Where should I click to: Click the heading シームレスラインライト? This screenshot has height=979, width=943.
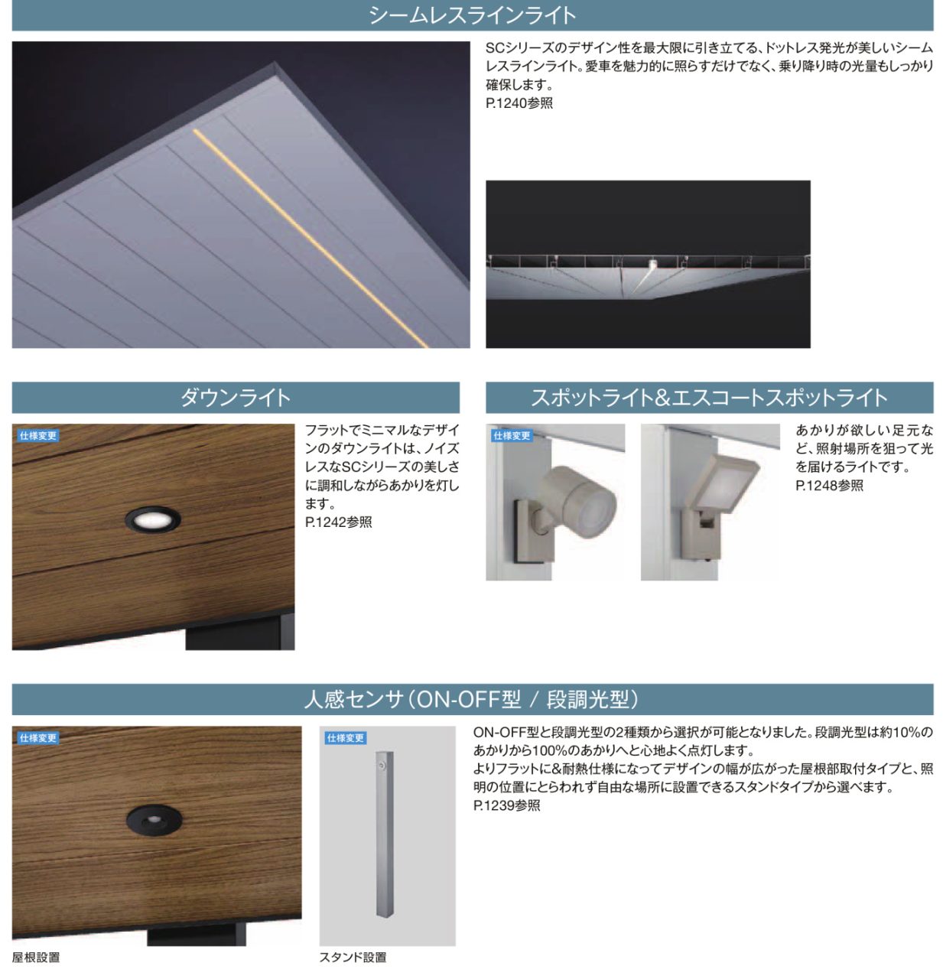(x=472, y=15)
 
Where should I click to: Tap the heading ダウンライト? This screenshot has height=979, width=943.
(x=236, y=398)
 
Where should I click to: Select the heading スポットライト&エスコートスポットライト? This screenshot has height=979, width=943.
(x=709, y=398)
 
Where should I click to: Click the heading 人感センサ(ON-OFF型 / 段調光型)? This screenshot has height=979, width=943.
(x=471, y=699)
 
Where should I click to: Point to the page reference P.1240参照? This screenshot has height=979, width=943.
(x=519, y=103)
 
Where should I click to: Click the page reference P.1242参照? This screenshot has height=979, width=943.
(x=339, y=522)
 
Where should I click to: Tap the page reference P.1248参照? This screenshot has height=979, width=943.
(x=829, y=486)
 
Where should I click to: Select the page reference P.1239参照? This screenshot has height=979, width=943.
(x=507, y=805)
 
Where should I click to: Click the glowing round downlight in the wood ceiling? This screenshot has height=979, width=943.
(x=153, y=519)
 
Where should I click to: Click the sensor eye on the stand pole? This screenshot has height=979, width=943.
(x=382, y=766)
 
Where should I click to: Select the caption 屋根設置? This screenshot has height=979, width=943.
(x=36, y=957)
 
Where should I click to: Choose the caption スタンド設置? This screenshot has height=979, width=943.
(x=353, y=957)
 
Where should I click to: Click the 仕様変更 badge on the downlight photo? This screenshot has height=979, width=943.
(x=38, y=436)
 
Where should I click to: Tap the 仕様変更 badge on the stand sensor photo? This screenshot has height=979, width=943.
(x=346, y=738)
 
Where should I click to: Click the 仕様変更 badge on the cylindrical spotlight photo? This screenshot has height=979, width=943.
(x=512, y=436)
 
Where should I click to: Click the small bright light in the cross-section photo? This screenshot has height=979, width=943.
(x=652, y=263)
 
